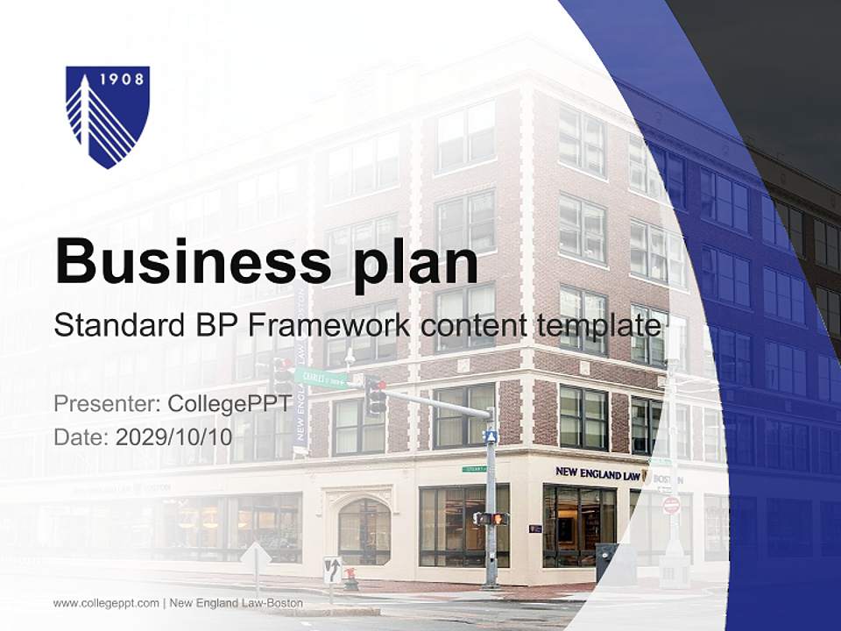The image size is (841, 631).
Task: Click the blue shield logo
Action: coord(108,116)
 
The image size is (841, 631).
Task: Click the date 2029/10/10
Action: coord(174,436)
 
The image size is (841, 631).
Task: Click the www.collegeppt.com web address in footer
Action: coord(106,603)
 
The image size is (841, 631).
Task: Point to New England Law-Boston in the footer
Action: coord(237,603)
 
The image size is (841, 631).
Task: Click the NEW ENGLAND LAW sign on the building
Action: coord(598,473)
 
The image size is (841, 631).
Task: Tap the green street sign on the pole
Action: coord(321,378)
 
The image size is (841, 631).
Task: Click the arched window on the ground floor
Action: coord(364,531)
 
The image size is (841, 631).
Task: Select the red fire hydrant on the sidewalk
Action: coord(351,578)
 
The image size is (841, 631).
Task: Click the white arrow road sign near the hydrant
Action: coord(332,570)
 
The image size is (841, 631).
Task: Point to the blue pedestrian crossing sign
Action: coord(491,436)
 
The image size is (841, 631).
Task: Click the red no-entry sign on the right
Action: coord(671,505)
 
